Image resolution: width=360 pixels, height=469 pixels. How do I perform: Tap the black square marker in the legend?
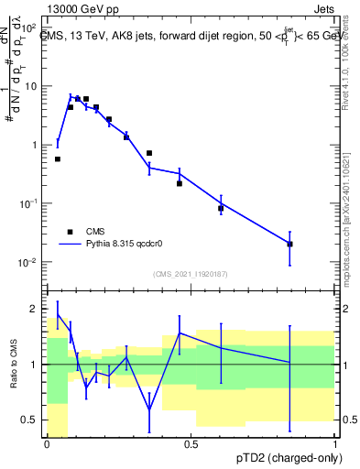69,232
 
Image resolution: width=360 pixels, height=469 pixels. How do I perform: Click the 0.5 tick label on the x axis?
191,444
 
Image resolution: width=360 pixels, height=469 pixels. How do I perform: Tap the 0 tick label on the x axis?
47,444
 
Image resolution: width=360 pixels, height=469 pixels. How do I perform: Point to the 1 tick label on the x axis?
335,444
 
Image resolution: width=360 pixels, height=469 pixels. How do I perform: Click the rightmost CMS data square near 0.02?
289,244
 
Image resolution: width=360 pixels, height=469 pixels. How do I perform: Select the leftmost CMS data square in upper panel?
58,158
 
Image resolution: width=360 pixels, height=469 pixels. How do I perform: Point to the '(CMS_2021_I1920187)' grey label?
191,273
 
